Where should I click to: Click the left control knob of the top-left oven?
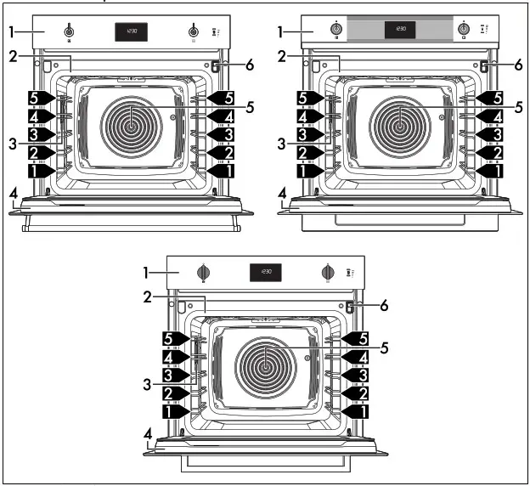68,33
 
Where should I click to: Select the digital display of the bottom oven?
266,272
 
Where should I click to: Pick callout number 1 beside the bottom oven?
145,272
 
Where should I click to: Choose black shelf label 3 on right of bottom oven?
361,375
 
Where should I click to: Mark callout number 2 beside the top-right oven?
281,56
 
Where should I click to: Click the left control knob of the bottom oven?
203,272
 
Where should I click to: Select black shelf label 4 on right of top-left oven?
223,116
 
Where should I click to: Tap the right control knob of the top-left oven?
195,33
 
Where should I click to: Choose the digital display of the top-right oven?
399,30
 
